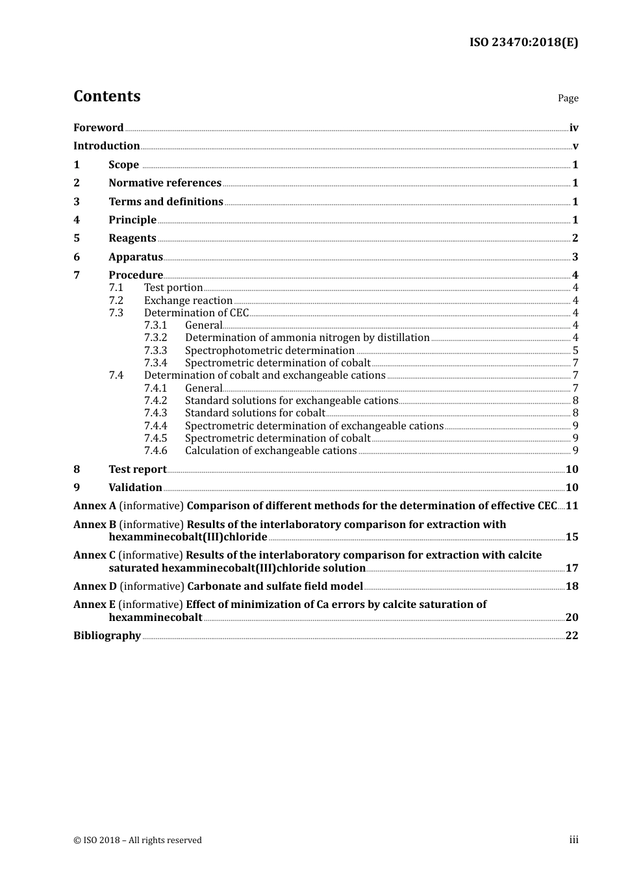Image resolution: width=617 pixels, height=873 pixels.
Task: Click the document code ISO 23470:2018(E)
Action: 523,42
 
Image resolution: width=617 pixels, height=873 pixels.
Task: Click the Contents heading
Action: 107,96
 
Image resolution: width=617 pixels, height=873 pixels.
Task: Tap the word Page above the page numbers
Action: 568,98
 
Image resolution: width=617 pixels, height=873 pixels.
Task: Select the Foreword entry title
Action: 98,127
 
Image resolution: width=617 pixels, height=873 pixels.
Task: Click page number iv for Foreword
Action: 573,127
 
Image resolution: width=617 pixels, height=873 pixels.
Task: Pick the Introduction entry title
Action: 107,145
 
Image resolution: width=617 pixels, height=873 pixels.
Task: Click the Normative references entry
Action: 165,183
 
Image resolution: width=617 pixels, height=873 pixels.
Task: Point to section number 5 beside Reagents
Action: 77,238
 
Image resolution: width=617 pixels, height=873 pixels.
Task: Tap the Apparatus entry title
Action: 136,257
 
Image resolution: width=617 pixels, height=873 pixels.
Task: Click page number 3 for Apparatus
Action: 575,257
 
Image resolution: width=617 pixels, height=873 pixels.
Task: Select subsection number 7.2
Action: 116,300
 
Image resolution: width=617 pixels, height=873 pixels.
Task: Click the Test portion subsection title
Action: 173,287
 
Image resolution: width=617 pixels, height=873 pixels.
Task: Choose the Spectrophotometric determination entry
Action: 270,350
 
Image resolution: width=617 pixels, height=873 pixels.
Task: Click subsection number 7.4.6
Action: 155,450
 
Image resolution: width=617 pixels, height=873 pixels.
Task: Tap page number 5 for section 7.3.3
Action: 575,350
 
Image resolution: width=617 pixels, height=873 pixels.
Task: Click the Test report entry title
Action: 138,469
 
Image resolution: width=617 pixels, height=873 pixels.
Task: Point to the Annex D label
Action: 95,586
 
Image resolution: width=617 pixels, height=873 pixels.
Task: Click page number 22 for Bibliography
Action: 572,635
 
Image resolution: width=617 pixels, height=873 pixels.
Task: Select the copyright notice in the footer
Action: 138,840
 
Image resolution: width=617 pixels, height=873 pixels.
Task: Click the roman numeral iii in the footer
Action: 573,839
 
